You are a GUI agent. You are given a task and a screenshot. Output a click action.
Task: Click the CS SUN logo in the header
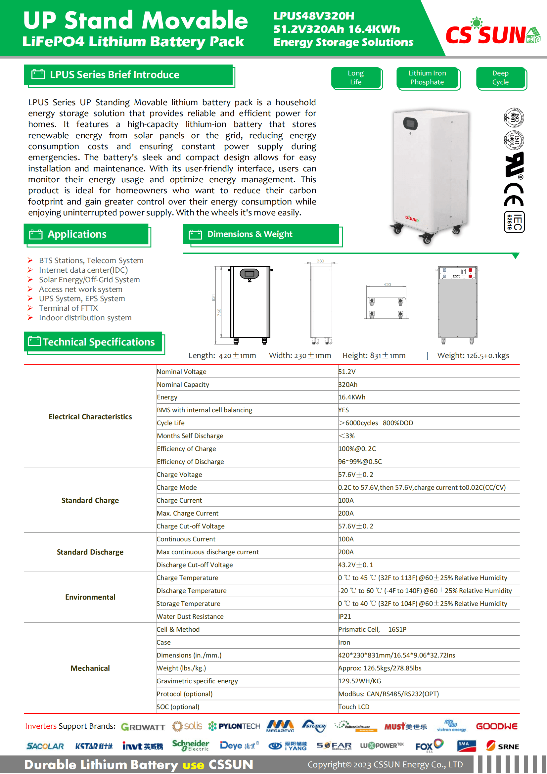pyautogui.click(x=492, y=34)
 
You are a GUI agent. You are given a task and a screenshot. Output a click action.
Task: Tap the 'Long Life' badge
pyautogui.click(x=356, y=78)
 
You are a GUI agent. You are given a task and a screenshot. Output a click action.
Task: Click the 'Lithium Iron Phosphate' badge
pyautogui.click(x=427, y=78)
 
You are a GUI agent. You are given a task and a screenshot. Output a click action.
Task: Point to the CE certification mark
pyautogui.click(x=513, y=195)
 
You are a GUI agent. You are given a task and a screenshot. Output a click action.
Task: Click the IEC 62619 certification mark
pyautogui.click(x=514, y=222)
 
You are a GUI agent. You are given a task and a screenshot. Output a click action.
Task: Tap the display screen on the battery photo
pyautogui.click(x=410, y=123)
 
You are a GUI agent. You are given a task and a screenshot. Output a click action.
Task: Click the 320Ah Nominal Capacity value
pyautogui.click(x=348, y=385)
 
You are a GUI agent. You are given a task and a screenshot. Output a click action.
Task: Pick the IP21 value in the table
pyautogui.click(x=345, y=616)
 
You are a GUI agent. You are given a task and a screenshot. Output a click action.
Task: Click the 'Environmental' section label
pyautogui.click(x=90, y=597)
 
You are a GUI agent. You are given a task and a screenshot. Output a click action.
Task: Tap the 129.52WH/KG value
pyautogui.click(x=360, y=681)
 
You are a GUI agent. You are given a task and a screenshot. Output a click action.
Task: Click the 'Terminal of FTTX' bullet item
pyautogui.click(x=68, y=308)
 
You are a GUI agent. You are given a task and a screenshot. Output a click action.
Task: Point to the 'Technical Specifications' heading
pyautogui.click(x=98, y=342)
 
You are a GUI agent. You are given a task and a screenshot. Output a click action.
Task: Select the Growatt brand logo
pyautogui.click(x=143, y=727)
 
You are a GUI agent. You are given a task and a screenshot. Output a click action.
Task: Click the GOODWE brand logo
pyautogui.click(x=496, y=726)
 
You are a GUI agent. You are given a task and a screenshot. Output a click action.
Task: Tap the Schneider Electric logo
pyautogui.click(x=190, y=745)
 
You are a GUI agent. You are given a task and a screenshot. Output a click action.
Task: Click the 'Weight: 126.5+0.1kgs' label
pyautogui.click(x=473, y=356)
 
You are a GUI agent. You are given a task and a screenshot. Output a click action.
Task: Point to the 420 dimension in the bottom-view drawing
pyautogui.click(x=387, y=285)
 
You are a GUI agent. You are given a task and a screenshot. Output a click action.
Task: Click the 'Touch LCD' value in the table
pyautogui.click(x=354, y=707)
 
